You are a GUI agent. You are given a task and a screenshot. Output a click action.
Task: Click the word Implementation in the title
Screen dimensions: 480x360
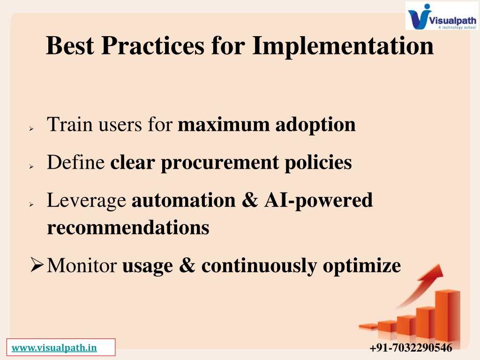pyautogui.click(x=343, y=46)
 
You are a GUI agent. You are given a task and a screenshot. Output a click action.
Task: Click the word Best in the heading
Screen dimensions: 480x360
pyautogui.click(x=70, y=45)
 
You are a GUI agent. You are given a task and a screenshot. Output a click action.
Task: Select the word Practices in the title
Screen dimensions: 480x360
pyautogui.click(x=152, y=45)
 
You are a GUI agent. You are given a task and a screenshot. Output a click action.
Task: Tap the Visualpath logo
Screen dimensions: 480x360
pyautogui.click(x=442, y=16)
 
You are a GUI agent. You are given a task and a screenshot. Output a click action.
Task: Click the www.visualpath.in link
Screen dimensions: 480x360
pyautogui.click(x=54, y=348)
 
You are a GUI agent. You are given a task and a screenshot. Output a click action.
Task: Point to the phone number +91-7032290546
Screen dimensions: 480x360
pyautogui.click(x=411, y=348)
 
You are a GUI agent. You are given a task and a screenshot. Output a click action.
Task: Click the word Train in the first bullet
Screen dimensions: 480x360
pyautogui.click(x=69, y=124)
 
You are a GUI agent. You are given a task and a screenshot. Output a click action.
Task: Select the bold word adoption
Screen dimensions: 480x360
pyautogui.click(x=315, y=125)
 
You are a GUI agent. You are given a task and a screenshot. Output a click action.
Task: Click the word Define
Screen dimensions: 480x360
pyautogui.click(x=76, y=162)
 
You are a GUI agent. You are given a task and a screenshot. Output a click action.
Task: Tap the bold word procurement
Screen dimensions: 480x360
pyautogui.click(x=220, y=163)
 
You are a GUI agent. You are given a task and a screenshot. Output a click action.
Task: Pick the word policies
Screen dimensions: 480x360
pyautogui.click(x=318, y=163)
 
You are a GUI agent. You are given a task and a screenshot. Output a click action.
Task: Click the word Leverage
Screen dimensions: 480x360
pyautogui.click(x=86, y=201)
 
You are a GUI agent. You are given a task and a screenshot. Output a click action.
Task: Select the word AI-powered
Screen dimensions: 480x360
pyautogui.click(x=318, y=201)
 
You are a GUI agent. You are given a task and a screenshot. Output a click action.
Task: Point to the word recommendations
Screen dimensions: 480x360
pyautogui.click(x=128, y=227)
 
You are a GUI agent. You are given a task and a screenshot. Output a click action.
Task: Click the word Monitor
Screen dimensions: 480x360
pyautogui.click(x=82, y=265)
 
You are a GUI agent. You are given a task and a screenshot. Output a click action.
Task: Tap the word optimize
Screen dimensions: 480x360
pyautogui.click(x=362, y=266)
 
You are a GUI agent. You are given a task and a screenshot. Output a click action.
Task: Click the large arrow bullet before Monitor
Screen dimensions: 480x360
pyautogui.click(x=37, y=264)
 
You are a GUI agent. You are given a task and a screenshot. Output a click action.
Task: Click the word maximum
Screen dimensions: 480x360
pyautogui.click(x=224, y=125)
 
